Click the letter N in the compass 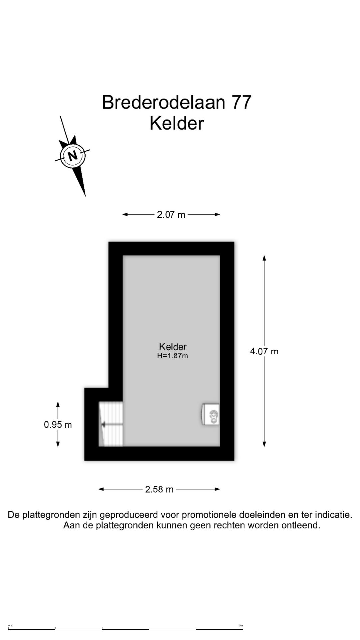coord(72,155)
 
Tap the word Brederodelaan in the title coord(163,102)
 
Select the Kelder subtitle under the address coord(177,123)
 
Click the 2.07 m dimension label coord(171,215)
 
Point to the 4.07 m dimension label coord(264,351)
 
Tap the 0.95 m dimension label coord(58,425)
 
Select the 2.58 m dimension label coord(159,489)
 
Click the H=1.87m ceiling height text coord(173,356)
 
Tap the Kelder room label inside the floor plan coord(173,347)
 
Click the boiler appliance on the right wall coord(210,414)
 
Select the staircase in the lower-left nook coord(111,424)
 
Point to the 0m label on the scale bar coord(10,625)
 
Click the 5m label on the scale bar coord(241,625)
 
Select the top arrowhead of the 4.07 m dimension coord(264,258)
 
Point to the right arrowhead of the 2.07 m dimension coord(217,215)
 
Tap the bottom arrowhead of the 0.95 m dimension coord(58,444)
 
